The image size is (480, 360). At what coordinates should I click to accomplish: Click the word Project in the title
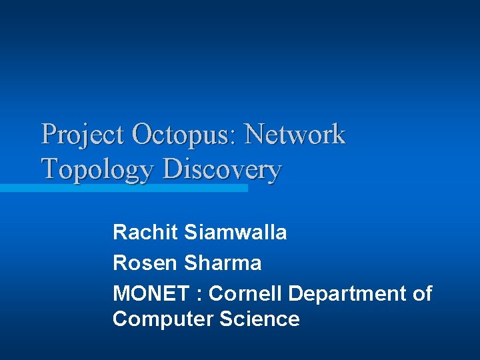click(83, 135)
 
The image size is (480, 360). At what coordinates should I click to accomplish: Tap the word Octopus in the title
click(181, 135)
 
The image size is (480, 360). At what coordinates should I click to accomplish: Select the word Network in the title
click(295, 135)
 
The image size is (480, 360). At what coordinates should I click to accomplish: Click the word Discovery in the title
click(222, 169)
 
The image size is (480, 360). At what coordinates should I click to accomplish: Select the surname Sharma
click(223, 263)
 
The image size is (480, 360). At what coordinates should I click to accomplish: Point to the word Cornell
click(246, 294)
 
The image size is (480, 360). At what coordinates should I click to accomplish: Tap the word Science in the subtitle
click(259, 319)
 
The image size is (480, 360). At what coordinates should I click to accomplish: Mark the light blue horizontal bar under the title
click(123, 189)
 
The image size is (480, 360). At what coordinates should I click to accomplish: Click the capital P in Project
click(48, 135)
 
